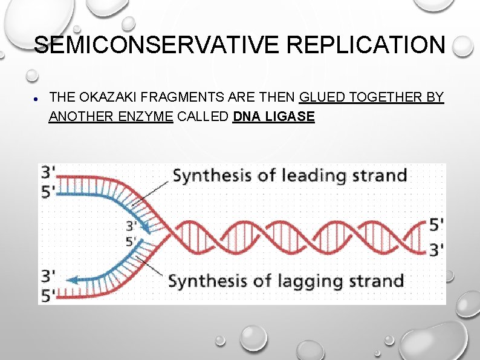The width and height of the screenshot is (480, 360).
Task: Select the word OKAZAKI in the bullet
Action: pos(105,97)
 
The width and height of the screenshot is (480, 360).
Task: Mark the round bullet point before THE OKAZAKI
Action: pos(37,98)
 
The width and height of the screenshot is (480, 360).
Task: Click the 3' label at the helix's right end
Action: pos(436,247)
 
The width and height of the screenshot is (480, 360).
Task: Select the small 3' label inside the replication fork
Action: pos(131,226)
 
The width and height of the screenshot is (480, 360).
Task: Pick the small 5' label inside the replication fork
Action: pos(131,241)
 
